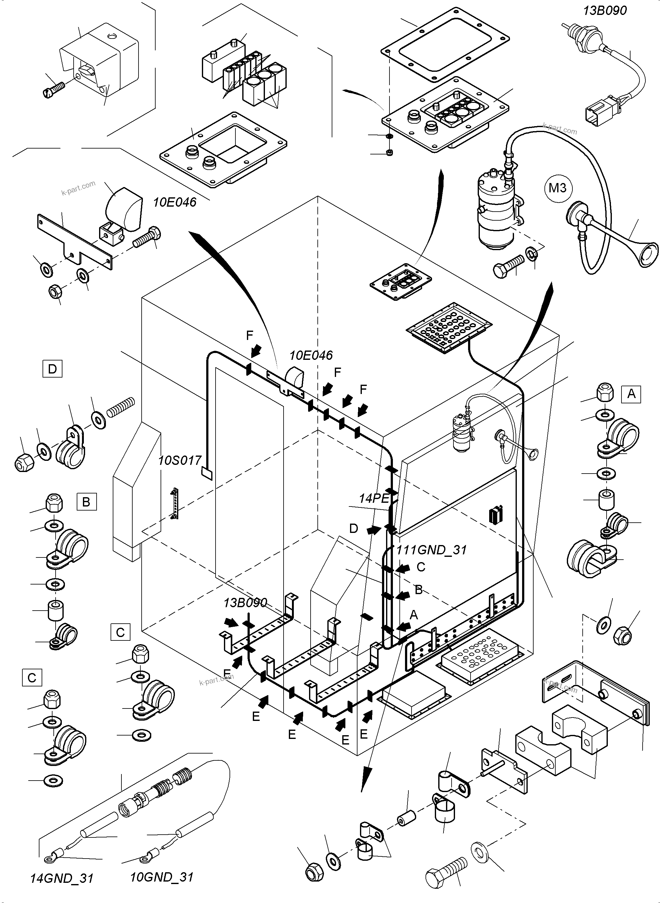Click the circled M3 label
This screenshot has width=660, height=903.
557,187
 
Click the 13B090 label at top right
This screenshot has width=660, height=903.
604,10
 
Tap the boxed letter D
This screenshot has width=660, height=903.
52,369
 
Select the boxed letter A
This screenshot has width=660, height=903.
631,394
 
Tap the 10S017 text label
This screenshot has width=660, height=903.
180,461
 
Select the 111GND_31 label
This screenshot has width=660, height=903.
431,550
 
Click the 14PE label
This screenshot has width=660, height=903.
374,498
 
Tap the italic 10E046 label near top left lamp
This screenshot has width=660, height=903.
175,202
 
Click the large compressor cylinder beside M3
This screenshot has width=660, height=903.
495,216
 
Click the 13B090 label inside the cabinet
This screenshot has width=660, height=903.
245,603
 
